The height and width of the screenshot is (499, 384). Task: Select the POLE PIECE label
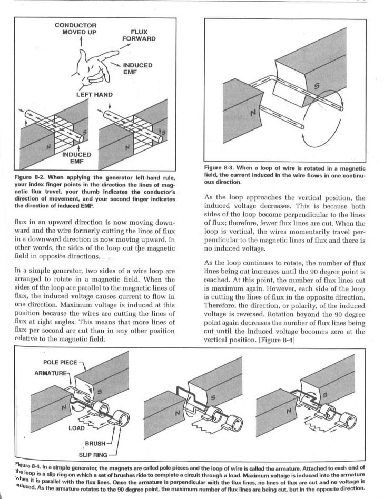point(60,363)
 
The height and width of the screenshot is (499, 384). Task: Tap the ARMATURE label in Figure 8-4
point(51,373)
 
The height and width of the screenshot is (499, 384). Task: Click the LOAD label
point(76,427)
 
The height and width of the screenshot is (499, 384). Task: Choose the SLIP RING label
point(93,453)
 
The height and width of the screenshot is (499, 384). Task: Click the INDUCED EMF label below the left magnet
point(76,157)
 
